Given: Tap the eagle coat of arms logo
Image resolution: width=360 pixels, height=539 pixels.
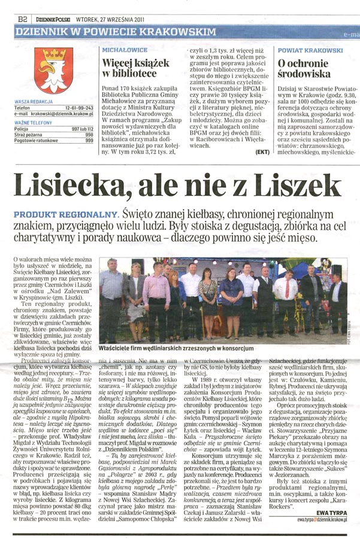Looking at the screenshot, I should [x=53, y=69].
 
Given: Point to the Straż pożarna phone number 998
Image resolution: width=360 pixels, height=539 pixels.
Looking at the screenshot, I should [x=89, y=135].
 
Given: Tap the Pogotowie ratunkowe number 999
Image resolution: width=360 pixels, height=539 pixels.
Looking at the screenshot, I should [x=89, y=141].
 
